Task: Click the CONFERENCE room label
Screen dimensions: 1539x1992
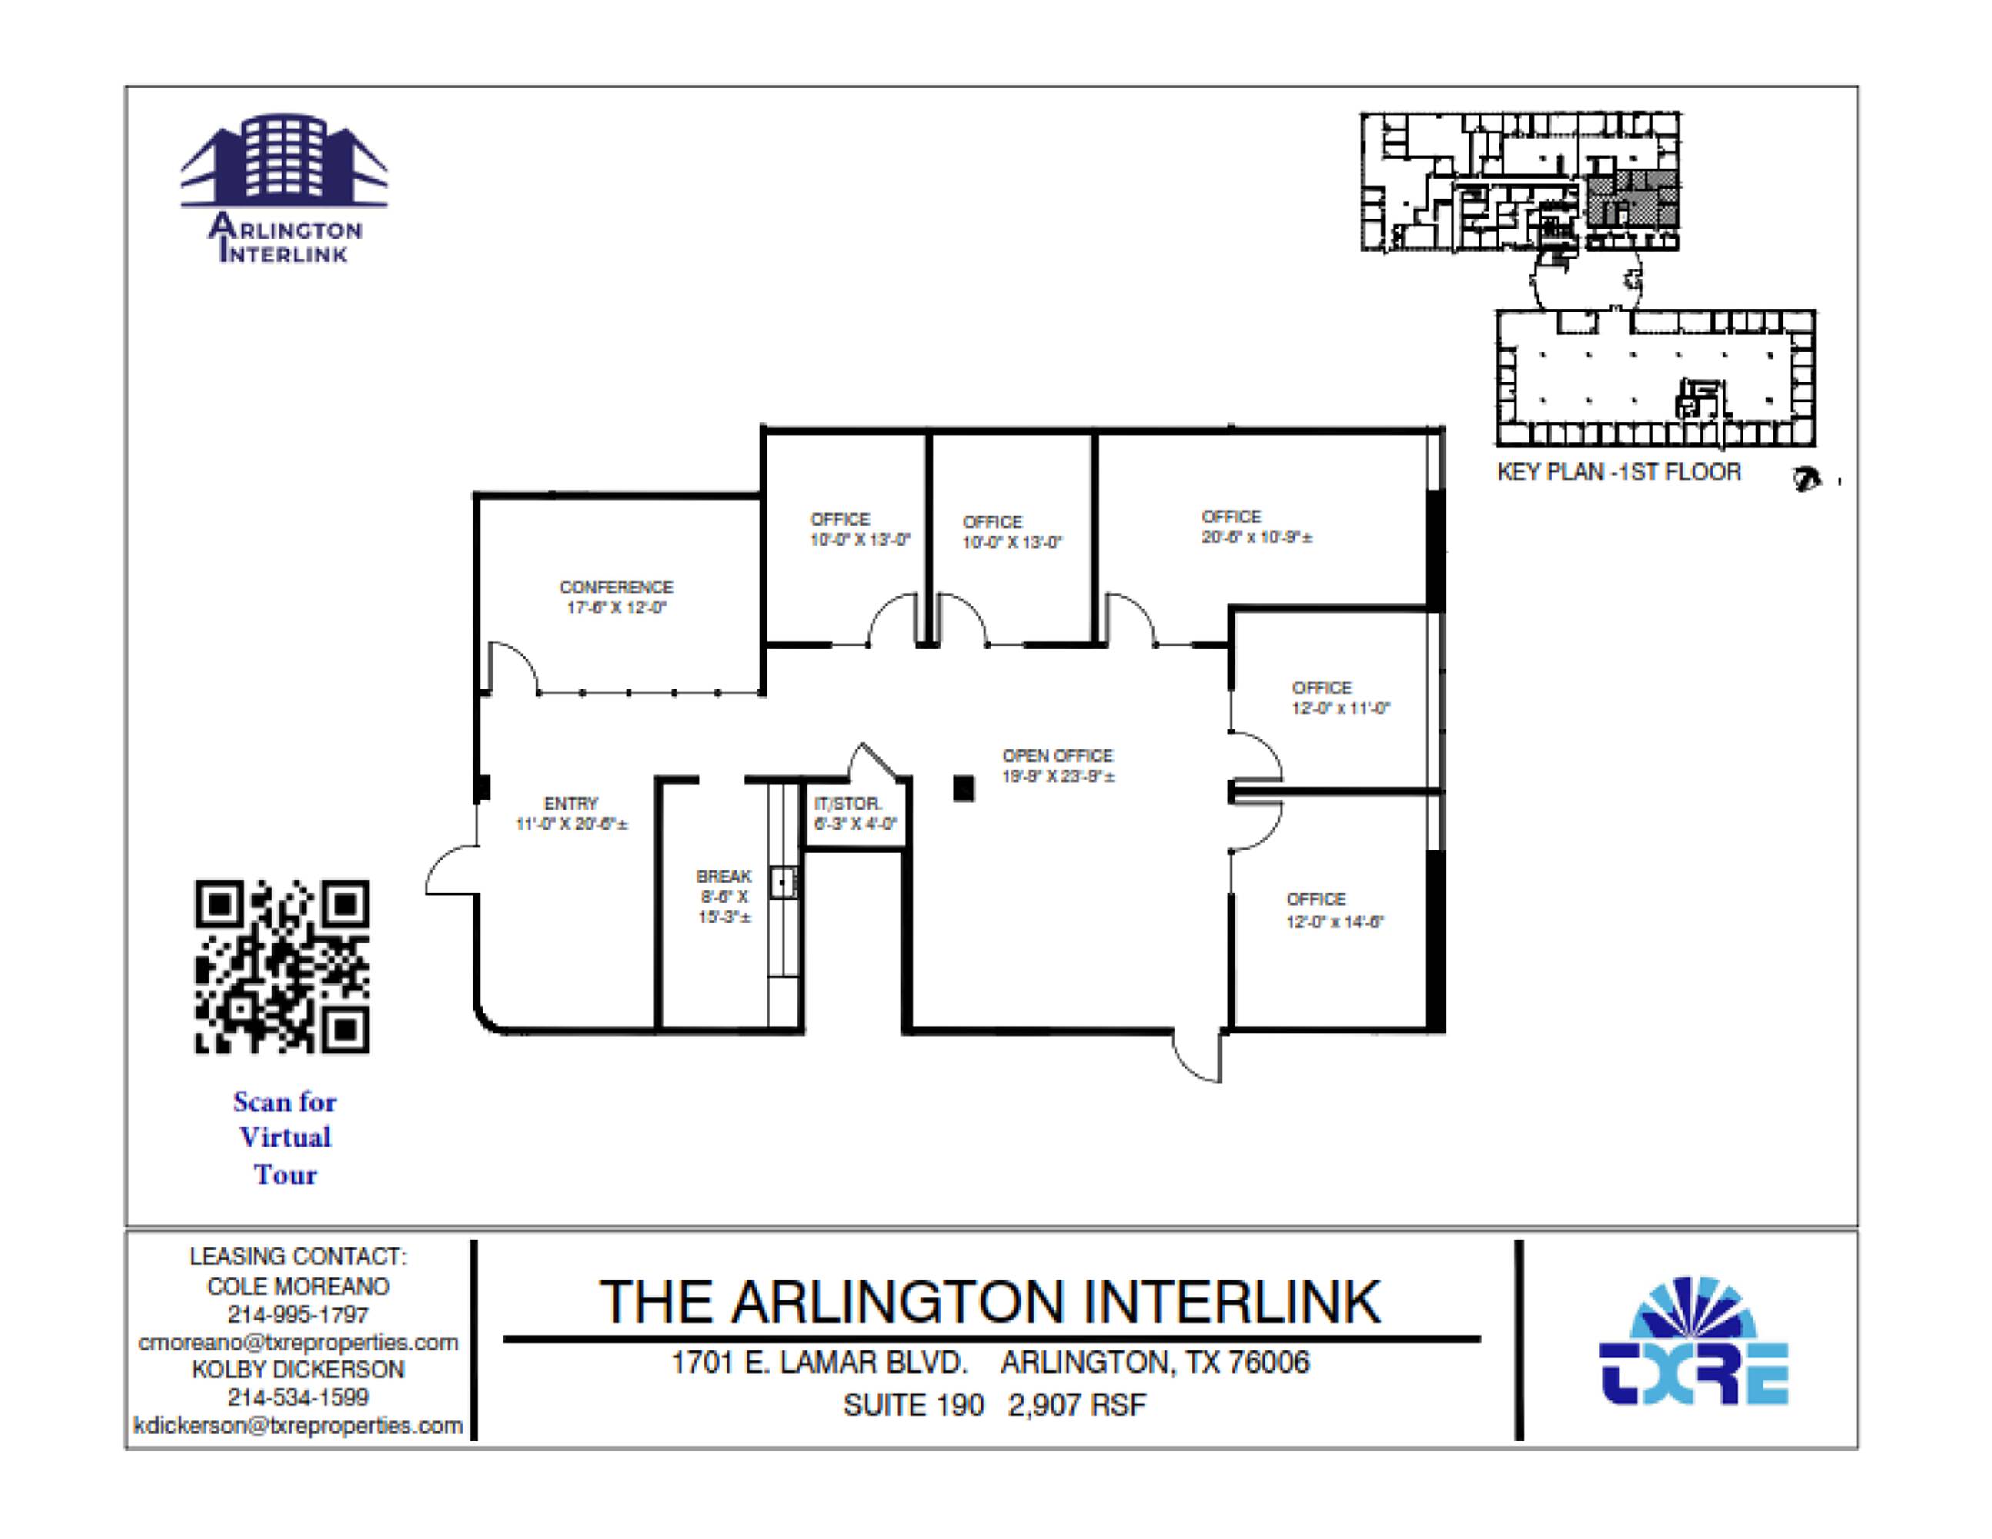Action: coord(616,587)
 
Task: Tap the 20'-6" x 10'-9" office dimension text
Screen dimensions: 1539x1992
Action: coord(1256,538)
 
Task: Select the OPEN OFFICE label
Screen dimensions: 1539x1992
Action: coord(1057,756)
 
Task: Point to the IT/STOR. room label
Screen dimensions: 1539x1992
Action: coord(847,804)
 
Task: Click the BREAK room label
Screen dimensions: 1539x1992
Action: coord(724,876)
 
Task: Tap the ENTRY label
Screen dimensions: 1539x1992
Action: coord(570,803)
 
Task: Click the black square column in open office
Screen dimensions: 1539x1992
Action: coord(963,788)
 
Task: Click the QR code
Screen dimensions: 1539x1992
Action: coord(282,966)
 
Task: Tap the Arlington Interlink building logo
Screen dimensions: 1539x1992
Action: coord(284,187)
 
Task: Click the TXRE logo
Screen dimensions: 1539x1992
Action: coord(1694,1341)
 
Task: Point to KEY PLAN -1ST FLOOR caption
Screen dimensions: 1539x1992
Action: coord(1618,472)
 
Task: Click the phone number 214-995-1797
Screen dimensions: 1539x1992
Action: coord(298,1315)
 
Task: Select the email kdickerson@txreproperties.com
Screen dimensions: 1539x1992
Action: coord(298,1425)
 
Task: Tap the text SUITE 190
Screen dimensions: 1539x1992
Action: coord(913,1405)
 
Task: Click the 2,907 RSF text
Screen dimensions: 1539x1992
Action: coord(1076,1405)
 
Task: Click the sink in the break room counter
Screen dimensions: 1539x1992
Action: coord(782,883)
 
